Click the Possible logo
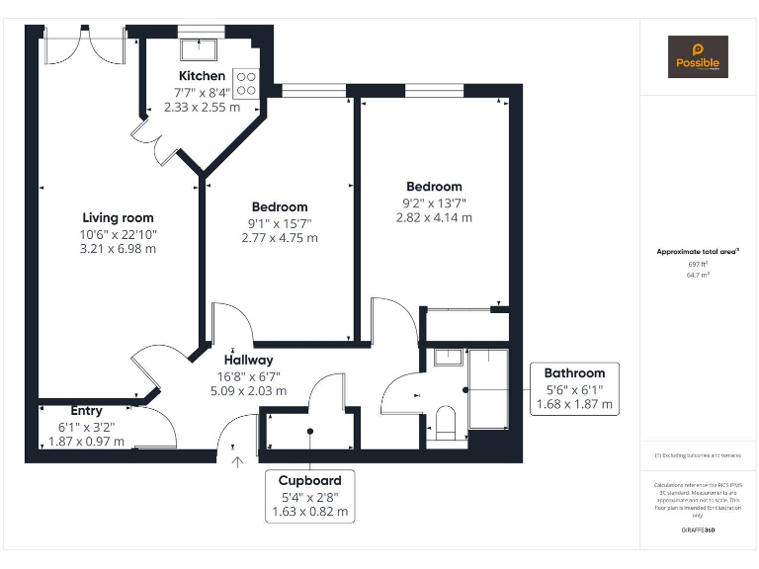click(698, 56)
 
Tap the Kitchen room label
click(202, 76)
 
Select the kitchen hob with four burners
click(246, 82)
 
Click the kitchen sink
click(201, 47)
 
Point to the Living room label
click(118, 217)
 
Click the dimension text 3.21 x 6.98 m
click(118, 249)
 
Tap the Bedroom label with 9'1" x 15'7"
click(280, 206)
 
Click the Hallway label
click(248, 360)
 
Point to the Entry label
click(86, 411)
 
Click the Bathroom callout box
click(574, 388)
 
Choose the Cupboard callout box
click(309, 496)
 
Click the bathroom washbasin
click(449, 357)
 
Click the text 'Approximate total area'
click(698, 252)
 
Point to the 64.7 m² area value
click(698, 276)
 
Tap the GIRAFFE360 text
click(698, 531)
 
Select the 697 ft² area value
click(698, 265)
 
